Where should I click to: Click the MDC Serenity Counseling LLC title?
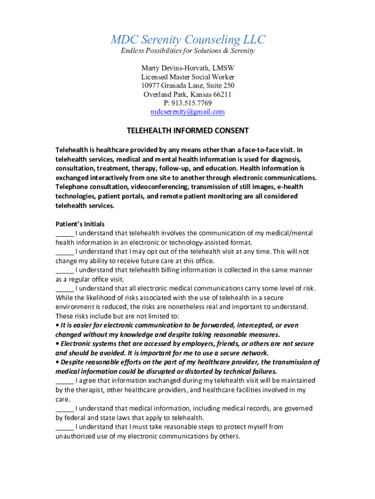tap(187, 39)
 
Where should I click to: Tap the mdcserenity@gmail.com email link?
tap(187, 112)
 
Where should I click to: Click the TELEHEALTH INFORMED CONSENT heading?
tap(187, 131)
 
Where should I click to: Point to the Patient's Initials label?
tap(80, 224)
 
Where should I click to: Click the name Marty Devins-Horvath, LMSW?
tap(187, 68)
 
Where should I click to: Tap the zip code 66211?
tap(222, 94)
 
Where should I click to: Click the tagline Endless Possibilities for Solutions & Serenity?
tap(187, 51)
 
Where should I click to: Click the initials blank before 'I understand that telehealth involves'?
tap(64, 234)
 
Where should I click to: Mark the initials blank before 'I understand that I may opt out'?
tap(64, 252)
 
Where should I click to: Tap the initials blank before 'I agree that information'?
tap(64, 381)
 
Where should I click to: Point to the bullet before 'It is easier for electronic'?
tap(57, 325)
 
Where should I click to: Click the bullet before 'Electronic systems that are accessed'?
tap(57, 344)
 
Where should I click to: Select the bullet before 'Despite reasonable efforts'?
tap(57, 362)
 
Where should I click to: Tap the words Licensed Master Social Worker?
tap(187, 77)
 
